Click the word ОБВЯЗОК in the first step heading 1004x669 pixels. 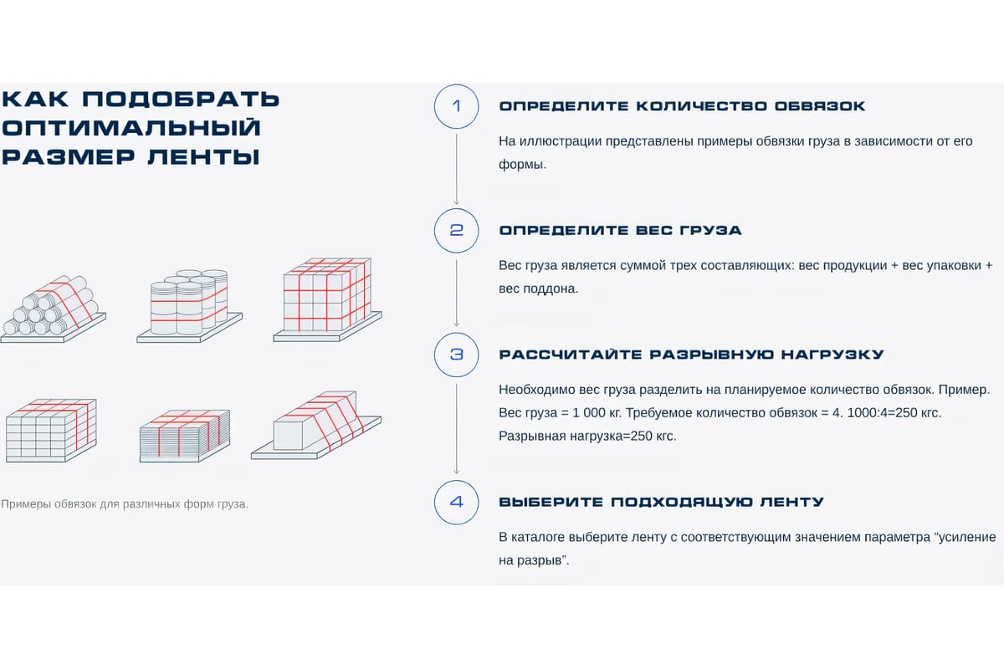pos(820,106)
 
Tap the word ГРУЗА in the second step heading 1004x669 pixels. pos(710,230)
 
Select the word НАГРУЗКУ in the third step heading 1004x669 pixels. pos(832,355)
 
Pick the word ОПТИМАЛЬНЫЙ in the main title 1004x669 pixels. pos(131,128)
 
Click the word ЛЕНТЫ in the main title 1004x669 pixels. pos(203,157)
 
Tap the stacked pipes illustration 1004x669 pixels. pos(54,309)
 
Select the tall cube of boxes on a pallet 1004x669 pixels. pos(328,299)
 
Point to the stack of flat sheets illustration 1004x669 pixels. pos(185,436)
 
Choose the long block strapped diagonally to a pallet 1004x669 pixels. pos(316,426)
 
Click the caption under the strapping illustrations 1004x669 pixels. pos(125,504)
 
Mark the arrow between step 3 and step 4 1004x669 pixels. pos(456,429)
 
